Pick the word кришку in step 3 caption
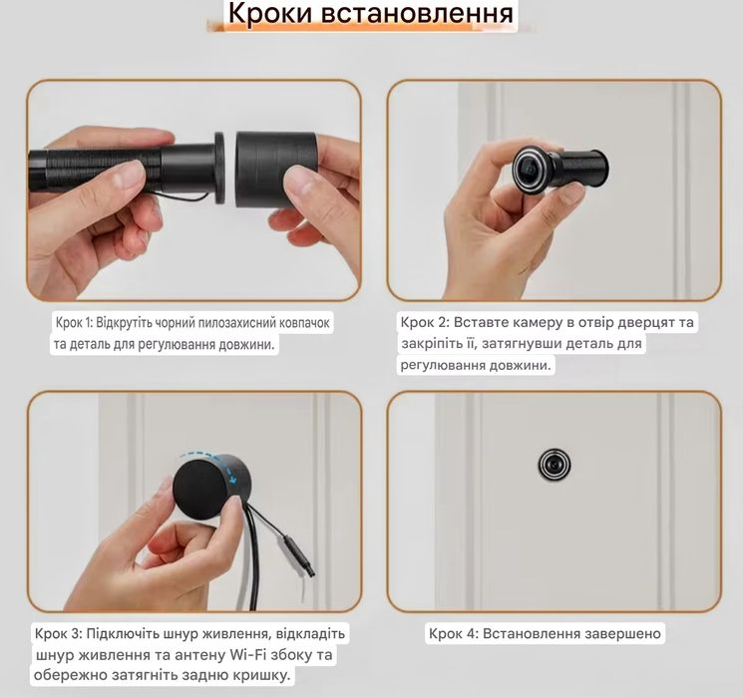(x=262, y=676)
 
